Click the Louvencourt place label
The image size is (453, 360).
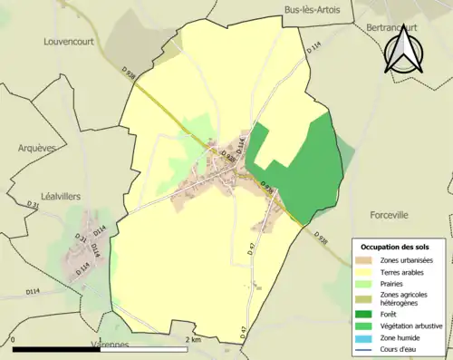(70, 42)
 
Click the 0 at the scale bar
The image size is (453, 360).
(14, 340)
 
